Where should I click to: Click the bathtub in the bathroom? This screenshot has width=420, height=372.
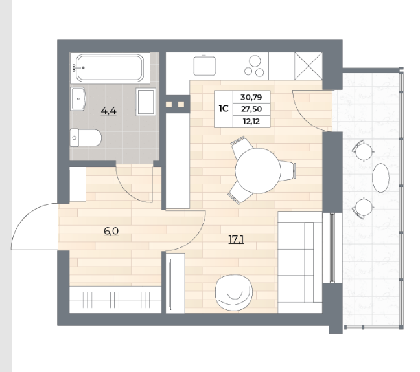[110, 68]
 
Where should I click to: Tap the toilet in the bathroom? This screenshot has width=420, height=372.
[86, 138]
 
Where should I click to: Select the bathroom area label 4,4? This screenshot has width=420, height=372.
[109, 110]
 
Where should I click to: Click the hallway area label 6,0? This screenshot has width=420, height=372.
[111, 231]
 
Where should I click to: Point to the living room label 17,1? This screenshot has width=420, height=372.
[236, 239]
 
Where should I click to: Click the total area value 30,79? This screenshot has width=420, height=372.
[251, 97]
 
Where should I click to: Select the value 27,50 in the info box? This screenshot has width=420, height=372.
[251, 109]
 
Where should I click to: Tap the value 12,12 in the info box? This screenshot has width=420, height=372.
[251, 122]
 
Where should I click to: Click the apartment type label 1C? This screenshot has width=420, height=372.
[224, 109]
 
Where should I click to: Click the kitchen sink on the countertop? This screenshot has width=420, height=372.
[205, 65]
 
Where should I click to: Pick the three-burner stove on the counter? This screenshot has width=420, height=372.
[255, 66]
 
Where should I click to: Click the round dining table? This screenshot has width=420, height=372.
[258, 171]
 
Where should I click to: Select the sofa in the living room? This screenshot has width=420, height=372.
[300, 262]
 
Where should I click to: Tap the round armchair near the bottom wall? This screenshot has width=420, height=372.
[234, 292]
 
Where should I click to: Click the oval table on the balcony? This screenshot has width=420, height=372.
[380, 178]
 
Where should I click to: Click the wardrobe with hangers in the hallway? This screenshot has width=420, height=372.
[115, 300]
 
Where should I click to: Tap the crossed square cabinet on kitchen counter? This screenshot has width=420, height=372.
[309, 66]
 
